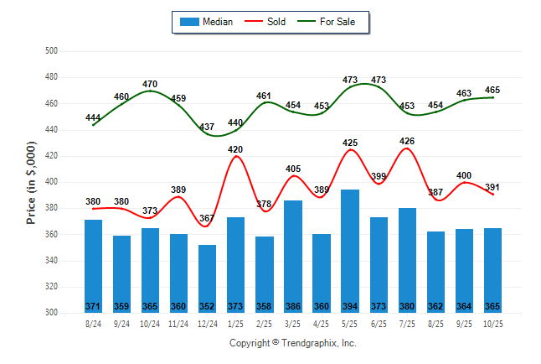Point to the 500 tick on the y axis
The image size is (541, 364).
(50, 51)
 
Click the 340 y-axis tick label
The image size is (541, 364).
(50, 261)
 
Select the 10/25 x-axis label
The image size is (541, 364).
(492, 323)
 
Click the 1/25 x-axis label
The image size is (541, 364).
(236, 323)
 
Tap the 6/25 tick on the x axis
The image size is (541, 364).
(379, 323)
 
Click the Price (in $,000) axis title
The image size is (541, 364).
(31, 182)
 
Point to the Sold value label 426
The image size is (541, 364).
(408, 141)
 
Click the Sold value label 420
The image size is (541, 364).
(236, 149)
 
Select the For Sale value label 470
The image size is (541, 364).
(151, 84)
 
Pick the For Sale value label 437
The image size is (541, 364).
(207, 127)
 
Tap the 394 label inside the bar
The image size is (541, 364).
(350, 306)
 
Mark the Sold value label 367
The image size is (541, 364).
(207, 219)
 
